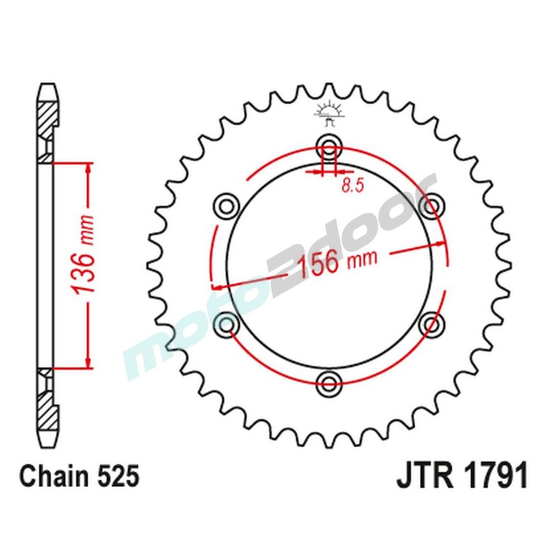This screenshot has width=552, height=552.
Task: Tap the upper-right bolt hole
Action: (x=431, y=205)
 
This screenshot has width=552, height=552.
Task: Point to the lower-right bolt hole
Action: (x=431, y=322)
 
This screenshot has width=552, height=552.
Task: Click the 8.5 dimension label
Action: (x=352, y=186)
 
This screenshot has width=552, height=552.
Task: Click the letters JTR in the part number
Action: (x=422, y=476)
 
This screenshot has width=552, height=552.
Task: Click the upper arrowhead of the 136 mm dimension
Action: (x=87, y=169)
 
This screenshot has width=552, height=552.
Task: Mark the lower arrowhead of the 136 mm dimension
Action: (x=87, y=362)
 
